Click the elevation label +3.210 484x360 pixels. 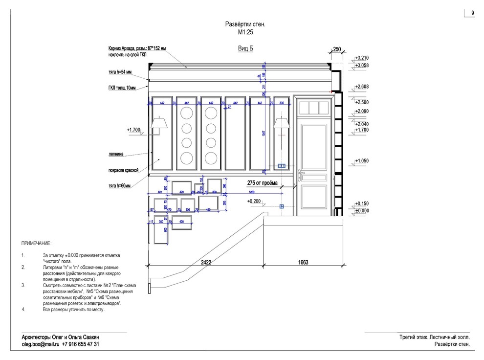(x=362, y=58)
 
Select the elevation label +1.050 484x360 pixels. (x=362, y=160)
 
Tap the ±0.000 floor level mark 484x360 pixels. (x=362, y=211)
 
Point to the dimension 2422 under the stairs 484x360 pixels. (x=206, y=263)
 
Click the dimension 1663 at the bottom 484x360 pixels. (x=303, y=263)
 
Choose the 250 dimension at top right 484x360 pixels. (x=336, y=49)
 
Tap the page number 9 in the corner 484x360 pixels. (x=473, y=13)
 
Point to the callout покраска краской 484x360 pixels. (x=124, y=170)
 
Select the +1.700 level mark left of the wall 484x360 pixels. (x=133, y=130)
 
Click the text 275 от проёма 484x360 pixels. (x=263, y=183)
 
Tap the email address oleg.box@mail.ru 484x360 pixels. (x=41, y=344)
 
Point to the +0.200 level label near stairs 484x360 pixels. (x=254, y=201)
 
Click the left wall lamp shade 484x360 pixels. (x=159, y=122)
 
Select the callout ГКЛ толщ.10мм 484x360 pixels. (x=122, y=88)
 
